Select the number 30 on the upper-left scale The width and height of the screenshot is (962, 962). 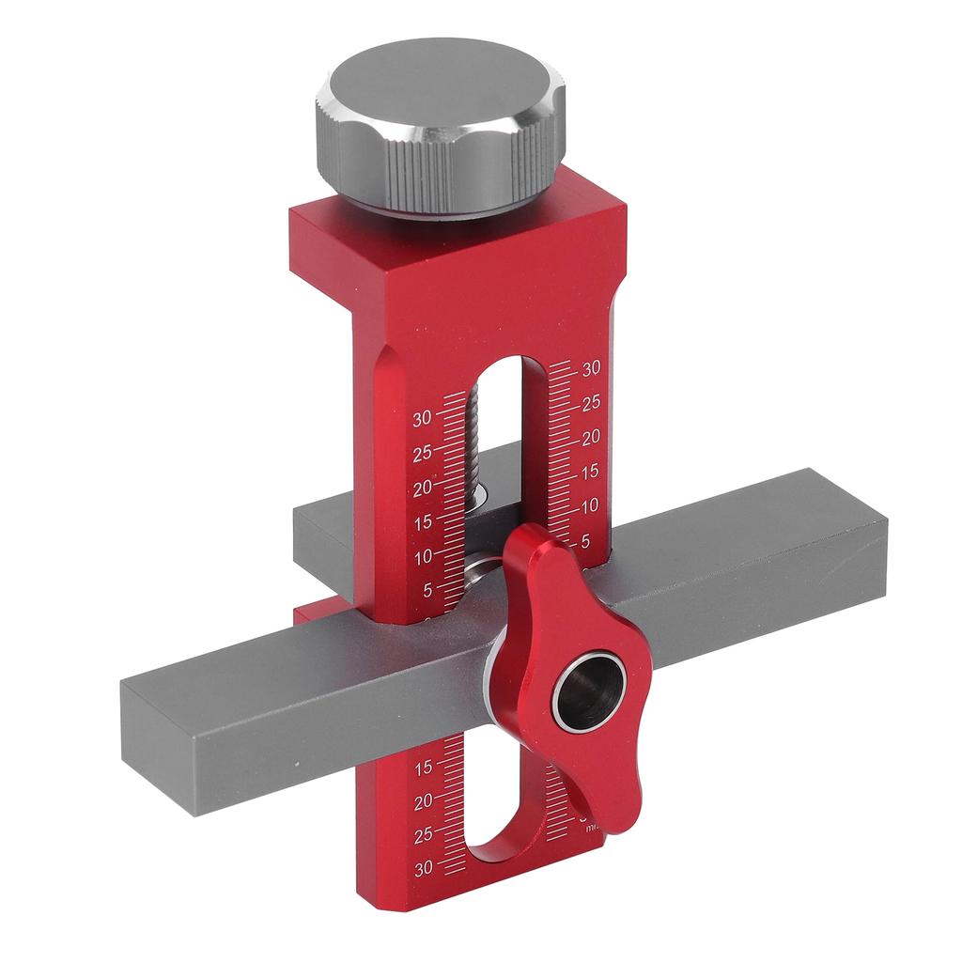click(x=423, y=417)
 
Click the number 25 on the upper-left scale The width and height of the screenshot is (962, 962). click(x=423, y=452)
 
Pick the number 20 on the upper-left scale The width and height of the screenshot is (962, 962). click(x=423, y=487)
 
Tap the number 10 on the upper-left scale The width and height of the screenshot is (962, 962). click(x=423, y=556)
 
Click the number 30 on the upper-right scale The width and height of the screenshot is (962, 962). click(x=591, y=368)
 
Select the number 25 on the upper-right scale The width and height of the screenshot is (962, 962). click(x=591, y=403)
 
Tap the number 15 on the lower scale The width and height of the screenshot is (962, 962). click(x=424, y=767)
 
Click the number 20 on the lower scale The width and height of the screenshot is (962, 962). click(x=424, y=800)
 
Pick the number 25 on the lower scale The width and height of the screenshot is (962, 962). click(x=424, y=834)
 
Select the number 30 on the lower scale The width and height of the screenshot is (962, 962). click(x=424, y=868)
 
